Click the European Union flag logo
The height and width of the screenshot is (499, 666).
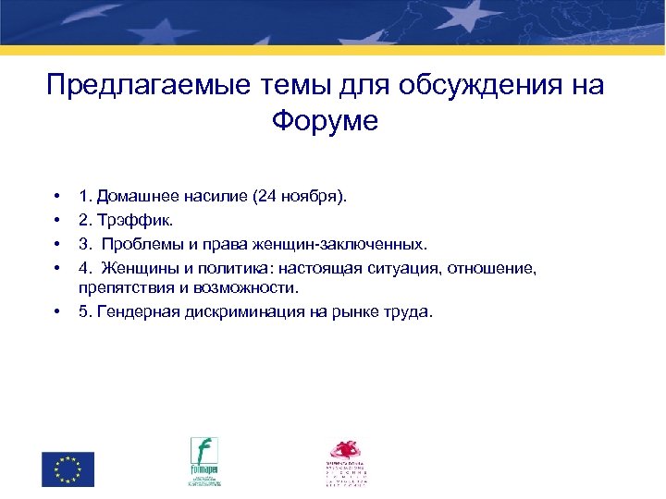coord(68,469)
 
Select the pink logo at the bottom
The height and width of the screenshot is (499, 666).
coord(347,461)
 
